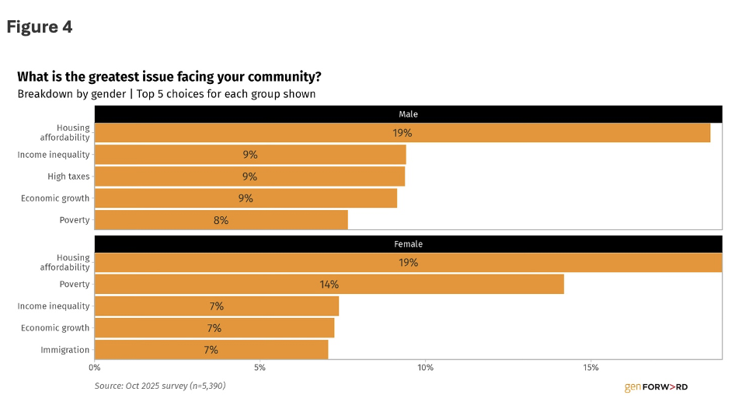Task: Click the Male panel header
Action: [x=408, y=114]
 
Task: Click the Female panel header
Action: [x=408, y=244]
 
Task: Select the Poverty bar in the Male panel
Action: [x=221, y=220]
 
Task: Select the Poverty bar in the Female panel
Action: [x=329, y=285]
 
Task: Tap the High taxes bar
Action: [x=249, y=177]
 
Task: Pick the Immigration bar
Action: [x=211, y=350]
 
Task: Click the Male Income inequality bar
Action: [x=250, y=155]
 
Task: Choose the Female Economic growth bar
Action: [x=214, y=328]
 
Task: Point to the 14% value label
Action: [x=329, y=285]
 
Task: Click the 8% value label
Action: [x=221, y=220]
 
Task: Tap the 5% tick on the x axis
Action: [x=260, y=367]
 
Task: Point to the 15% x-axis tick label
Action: [x=590, y=367]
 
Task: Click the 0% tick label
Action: [x=95, y=367]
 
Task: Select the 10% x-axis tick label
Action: [x=425, y=367]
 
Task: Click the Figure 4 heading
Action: [x=40, y=27]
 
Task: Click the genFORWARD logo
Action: [x=656, y=386]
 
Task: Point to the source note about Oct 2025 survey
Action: [x=160, y=385]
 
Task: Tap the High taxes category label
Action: [x=68, y=177]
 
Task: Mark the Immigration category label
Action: [x=64, y=350]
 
